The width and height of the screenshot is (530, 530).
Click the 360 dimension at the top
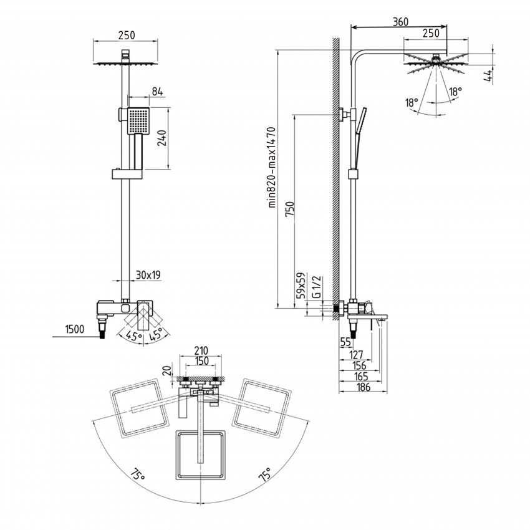coord(400,22)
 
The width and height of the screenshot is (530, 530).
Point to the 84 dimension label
coord(158,92)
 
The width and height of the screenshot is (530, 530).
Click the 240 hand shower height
coord(163,138)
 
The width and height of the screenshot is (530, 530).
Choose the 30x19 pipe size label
coord(148,275)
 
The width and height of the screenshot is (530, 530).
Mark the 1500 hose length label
coord(75,329)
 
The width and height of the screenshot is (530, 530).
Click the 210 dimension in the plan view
coord(201,351)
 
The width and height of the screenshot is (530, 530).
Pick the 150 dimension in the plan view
coord(201,361)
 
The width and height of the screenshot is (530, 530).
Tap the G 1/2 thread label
coord(317,287)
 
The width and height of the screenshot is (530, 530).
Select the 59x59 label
coord(301,286)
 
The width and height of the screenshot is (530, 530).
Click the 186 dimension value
coord(364,387)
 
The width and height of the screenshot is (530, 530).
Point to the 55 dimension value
coord(345,342)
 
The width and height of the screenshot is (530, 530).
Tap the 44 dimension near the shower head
coord(488,75)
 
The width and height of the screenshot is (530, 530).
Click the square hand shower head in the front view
coord(138,120)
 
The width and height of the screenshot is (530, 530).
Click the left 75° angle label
coord(138,474)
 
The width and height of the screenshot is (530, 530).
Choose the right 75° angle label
coord(264,474)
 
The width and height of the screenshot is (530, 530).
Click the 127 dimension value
coord(356,355)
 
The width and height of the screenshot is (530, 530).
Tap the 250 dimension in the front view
coord(127,36)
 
